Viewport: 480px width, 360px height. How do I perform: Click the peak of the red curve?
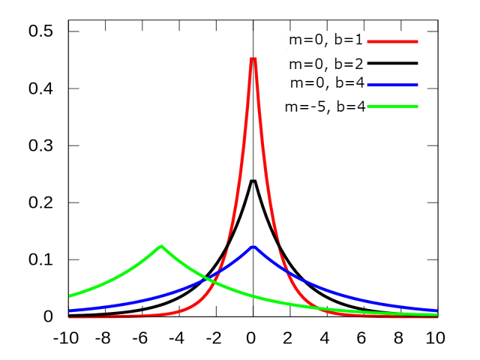(x=253, y=58)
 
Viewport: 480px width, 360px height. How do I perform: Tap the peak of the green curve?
(x=160, y=246)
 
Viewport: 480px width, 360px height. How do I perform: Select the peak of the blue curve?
(x=253, y=246)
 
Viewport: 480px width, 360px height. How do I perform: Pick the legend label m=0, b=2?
(x=325, y=63)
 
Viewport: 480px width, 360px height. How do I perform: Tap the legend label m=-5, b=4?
(x=325, y=106)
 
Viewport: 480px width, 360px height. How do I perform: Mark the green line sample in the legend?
(x=393, y=106)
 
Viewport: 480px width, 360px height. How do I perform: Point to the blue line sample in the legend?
(x=393, y=83)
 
